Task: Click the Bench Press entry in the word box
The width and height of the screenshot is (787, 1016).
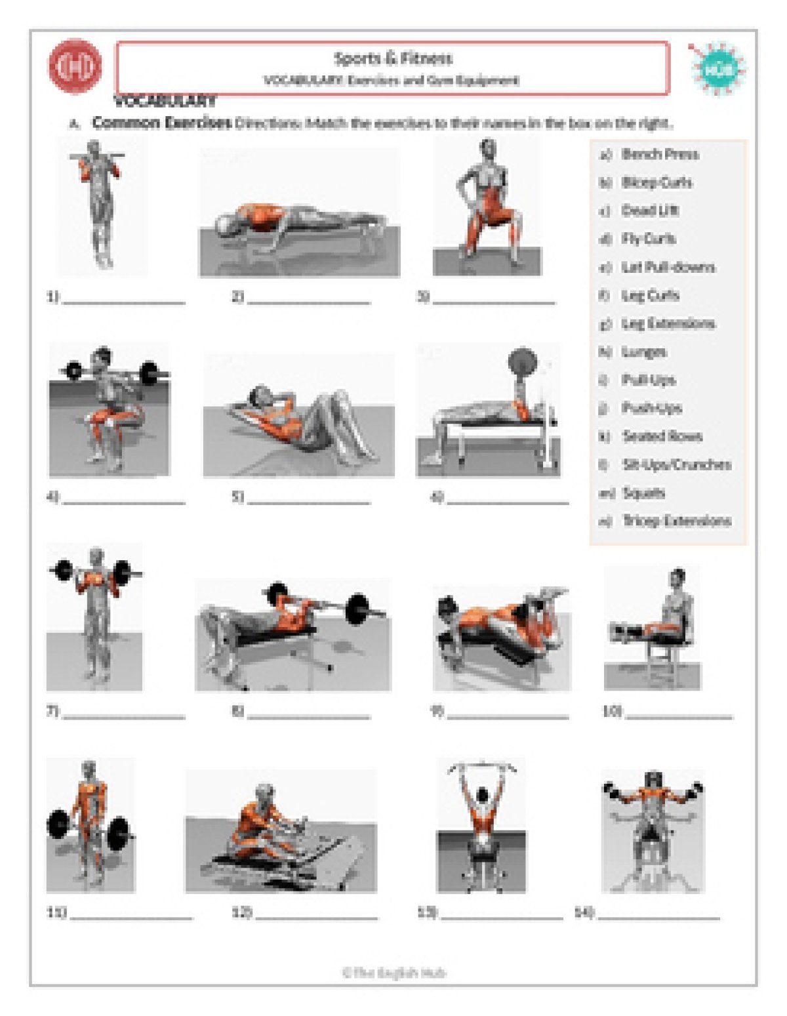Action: [x=660, y=155]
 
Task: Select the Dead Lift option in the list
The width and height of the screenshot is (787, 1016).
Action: [x=650, y=211]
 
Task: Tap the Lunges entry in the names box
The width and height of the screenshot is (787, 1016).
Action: [x=644, y=352]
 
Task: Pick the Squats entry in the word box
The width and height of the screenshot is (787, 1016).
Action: [x=643, y=493]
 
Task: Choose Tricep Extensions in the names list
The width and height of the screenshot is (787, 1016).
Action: [x=676, y=521]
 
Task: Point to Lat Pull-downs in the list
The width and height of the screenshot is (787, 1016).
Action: [x=668, y=268]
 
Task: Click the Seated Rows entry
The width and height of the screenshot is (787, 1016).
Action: [x=662, y=437]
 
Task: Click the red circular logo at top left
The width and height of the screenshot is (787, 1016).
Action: [x=75, y=66]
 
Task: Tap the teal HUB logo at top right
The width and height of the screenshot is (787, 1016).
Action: [x=718, y=69]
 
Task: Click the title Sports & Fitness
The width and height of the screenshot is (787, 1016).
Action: [x=393, y=59]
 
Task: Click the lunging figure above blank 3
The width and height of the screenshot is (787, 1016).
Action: [x=487, y=207]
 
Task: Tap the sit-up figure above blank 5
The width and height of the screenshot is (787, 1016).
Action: [x=299, y=416]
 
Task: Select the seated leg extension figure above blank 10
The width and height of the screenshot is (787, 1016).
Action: [x=652, y=628]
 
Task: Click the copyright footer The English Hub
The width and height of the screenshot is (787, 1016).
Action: [x=393, y=973]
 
